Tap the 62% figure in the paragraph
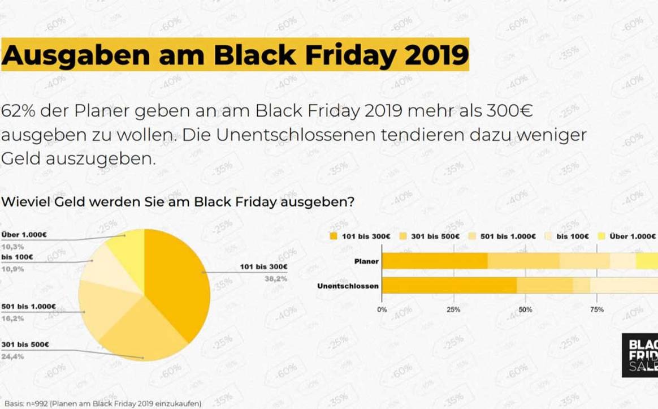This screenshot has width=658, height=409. (x=16, y=111)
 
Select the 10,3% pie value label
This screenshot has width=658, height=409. (x=12, y=247)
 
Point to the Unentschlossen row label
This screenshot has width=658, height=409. (x=348, y=286)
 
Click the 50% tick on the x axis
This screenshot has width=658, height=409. (x=525, y=309)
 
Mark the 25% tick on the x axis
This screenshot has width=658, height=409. (x=453, y=309)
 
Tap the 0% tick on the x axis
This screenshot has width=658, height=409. (x=382, y=309)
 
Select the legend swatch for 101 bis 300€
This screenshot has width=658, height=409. (x=334, y=236)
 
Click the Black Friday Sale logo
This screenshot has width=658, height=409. (x=640, y=355)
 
